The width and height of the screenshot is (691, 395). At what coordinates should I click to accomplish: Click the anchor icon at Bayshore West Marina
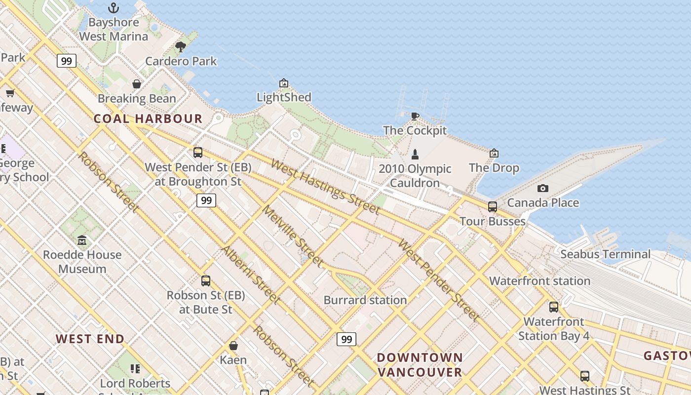[114, 8]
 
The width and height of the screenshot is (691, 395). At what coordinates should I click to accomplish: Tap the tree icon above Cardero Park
[181, 47]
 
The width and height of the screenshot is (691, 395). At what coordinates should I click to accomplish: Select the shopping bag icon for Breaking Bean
[137, 84]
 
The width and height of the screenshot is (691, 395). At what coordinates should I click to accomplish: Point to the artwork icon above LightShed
[283, 83]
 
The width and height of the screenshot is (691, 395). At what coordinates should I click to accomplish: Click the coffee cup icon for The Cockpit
[415, 116]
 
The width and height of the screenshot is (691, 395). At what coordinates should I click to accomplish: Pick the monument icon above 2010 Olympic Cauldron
[415, 154]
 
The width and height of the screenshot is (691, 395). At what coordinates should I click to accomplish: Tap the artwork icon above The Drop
[494, 153]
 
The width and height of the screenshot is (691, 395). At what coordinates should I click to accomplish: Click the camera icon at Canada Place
[543, 188]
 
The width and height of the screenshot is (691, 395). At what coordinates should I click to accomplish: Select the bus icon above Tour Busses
[492, 206]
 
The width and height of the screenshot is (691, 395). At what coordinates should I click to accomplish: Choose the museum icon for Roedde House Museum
[82, 240]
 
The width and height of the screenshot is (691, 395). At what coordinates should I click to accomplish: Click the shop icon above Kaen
[233, 346]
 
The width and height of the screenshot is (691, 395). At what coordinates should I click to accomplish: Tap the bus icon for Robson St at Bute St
[206, 280]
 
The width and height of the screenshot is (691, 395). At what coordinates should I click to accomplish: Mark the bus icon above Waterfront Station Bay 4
[554, 307]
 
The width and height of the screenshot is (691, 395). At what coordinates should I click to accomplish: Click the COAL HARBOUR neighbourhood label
[148, 118]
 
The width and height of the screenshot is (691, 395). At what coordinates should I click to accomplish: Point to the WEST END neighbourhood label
[90, 339]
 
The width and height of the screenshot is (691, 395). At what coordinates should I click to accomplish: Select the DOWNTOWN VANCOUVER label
[420, 364]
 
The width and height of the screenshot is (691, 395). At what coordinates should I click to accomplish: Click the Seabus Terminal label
[606, 254]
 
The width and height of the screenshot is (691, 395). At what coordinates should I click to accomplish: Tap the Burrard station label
[365, 300]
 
